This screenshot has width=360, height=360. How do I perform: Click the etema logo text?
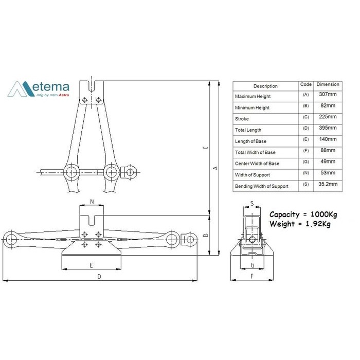51,87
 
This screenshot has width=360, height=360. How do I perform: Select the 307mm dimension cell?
328,94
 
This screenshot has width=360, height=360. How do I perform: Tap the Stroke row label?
242,119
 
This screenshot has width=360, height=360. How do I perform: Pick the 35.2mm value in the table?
328,184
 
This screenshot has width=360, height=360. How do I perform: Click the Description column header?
265,86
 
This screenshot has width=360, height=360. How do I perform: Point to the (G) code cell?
306,161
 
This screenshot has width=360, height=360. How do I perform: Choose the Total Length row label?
248,130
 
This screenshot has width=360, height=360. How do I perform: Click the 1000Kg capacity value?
323,214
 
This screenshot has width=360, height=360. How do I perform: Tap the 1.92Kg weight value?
318,224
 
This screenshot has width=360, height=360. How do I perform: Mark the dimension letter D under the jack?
99,277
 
